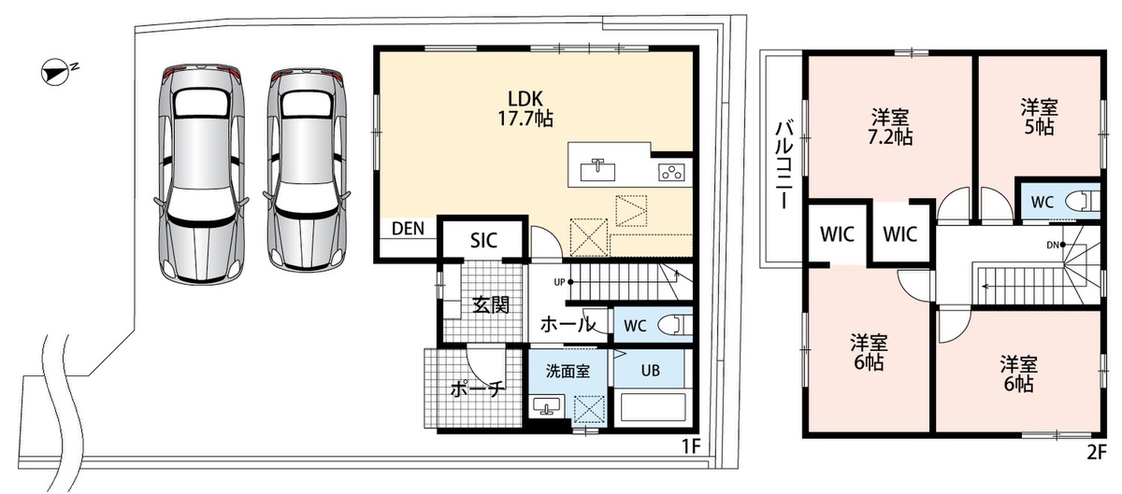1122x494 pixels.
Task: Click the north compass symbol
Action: point(56,72)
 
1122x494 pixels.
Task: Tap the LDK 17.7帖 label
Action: point(525,108)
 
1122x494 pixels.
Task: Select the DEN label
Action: point(408,229)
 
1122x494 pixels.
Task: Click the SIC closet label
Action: point(484,241)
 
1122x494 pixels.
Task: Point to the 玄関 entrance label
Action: point(492,304)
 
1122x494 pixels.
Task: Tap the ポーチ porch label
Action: point(476,388)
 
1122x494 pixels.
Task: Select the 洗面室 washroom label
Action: point(568,371)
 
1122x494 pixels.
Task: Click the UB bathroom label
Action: point(650,371)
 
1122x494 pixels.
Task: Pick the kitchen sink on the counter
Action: point(597,170)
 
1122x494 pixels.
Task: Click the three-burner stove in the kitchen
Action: point(671,172)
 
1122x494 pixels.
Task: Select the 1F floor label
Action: point(690,446)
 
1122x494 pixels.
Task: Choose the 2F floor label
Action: point(1096,453)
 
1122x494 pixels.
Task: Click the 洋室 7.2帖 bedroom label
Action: point(890,127)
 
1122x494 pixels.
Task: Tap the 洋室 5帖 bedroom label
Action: point(1040,118)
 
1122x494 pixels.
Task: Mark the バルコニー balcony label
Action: point(784,164)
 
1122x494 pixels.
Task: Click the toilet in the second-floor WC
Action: point(1083,201)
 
